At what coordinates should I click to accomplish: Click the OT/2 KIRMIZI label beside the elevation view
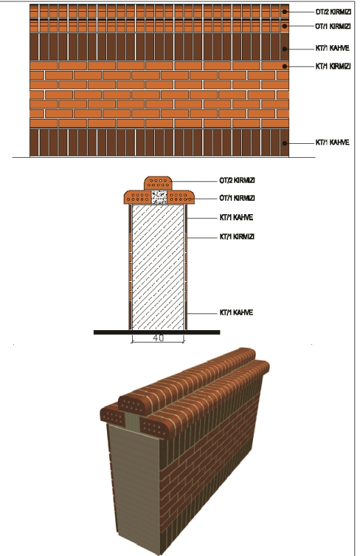[x=333, y=12]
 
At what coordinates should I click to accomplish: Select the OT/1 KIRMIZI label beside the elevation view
[x=333, y=26]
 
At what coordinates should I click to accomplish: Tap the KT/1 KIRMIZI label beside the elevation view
[x=333, y=66]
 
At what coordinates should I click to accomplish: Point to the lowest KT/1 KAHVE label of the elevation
[x=332, y=142]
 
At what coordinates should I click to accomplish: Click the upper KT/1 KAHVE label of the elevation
[x=332, y=48]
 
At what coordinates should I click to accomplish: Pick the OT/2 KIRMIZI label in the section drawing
[x=237, y=181]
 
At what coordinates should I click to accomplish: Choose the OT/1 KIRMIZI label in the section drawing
[x=237, y=198]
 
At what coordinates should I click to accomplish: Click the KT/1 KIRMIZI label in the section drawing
[x=237, y=236]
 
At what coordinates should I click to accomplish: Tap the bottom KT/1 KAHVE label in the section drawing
[x=236, y=313]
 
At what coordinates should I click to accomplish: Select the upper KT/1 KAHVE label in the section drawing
[x=236, y=218]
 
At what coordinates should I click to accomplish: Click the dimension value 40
[x=158, y=338]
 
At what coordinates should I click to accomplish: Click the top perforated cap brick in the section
[x=158, y=183]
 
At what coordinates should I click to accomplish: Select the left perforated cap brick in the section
[x=138, y=197]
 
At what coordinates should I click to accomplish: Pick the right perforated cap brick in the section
[x=181, y=197]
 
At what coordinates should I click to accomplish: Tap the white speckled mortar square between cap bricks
[x=159, y=197]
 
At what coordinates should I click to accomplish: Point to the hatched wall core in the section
[x=158, y=267]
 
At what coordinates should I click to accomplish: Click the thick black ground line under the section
[x=157, y=332]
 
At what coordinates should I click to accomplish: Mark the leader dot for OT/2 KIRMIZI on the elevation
[x=284, y=12]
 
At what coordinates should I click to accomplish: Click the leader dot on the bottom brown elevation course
[x=284, y=143]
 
